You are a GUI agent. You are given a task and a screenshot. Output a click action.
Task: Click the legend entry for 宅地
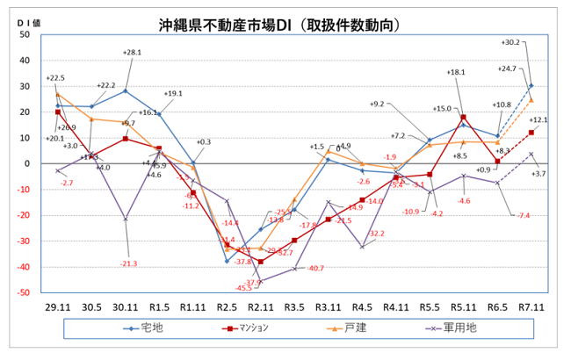click(158, 328)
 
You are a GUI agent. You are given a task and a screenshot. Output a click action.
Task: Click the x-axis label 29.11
click(58, 307)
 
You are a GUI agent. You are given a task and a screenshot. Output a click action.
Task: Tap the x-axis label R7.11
click(531, 307)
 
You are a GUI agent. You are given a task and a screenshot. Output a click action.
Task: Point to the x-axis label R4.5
click(362, 307)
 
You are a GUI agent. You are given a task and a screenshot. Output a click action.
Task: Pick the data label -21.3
click(129, 263)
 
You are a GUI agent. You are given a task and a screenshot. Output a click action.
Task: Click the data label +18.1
click(456, 72)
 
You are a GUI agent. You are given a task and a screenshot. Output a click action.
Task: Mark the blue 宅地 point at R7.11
click(531, 86)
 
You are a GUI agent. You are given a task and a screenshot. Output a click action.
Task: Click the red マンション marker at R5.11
click(464, 117)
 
